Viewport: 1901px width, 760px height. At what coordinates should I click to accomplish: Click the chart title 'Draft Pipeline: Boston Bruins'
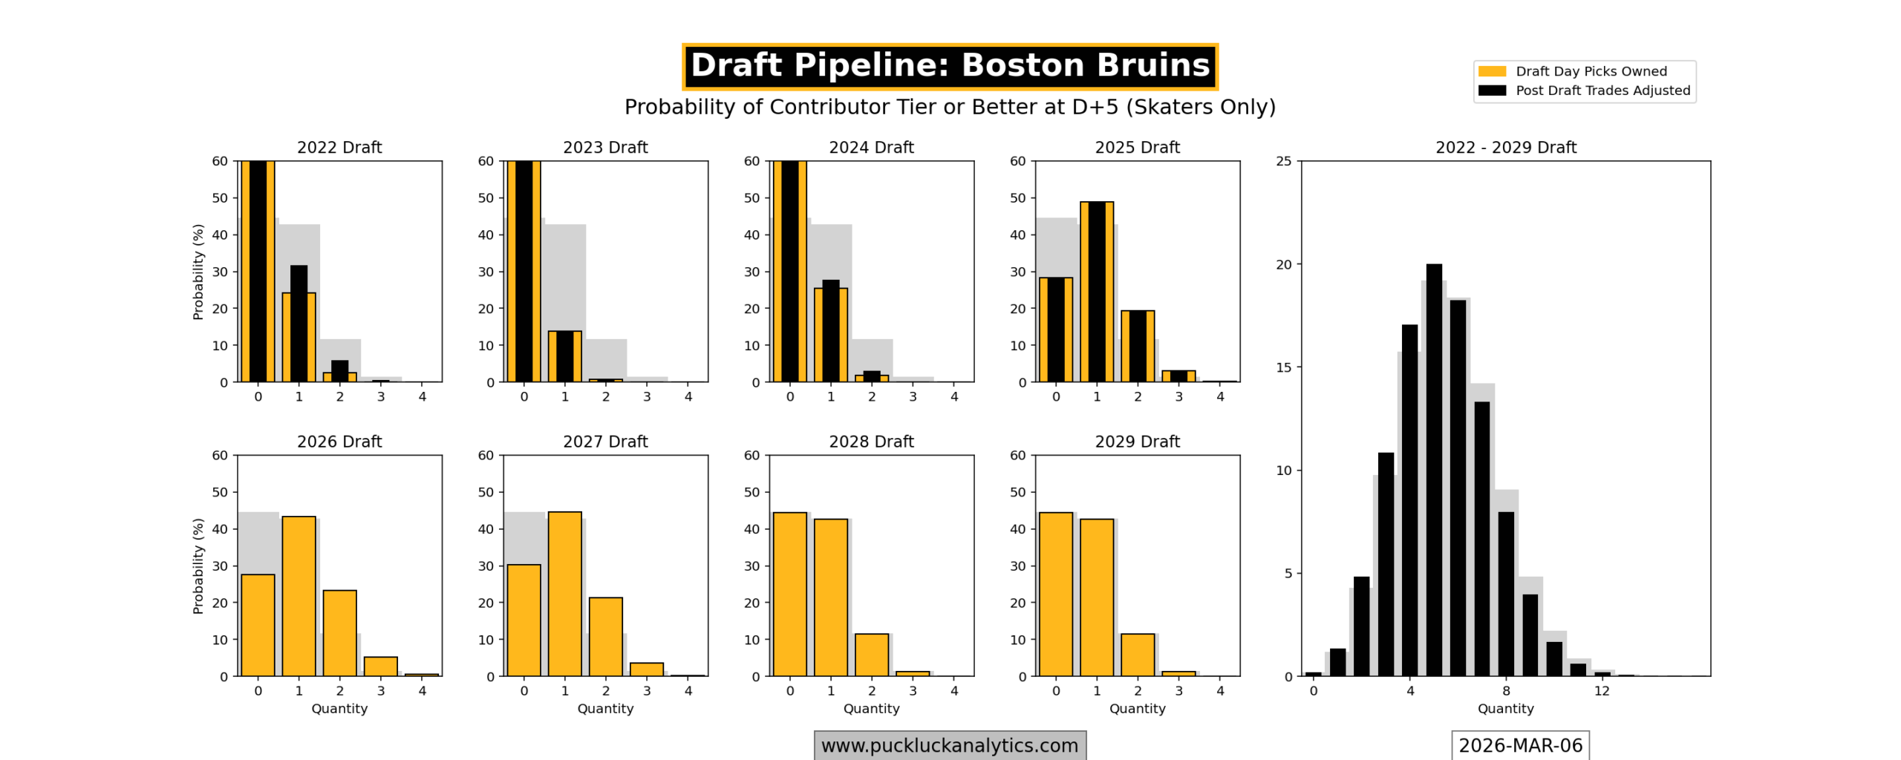[x=950, y=66]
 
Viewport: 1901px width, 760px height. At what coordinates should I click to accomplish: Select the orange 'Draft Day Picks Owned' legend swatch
[x=1491, y=71]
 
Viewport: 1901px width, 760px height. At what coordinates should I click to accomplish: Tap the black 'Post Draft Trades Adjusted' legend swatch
[x=1491, y=91]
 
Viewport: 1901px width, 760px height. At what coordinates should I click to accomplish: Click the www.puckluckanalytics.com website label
[x=949, y=745]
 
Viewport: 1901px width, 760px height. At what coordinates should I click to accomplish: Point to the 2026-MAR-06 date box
[x=1520, y=745]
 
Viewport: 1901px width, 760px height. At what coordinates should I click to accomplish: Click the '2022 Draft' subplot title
[x=339, y=148]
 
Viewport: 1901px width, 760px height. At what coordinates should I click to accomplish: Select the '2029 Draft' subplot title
[x=1137, y=442]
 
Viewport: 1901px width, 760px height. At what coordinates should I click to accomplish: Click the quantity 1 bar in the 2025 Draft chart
[x=1097, y=291]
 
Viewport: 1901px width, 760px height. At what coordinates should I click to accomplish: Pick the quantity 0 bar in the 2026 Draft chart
[x=258, y=625]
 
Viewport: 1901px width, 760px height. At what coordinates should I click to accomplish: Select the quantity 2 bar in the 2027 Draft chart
[x=606, y=637]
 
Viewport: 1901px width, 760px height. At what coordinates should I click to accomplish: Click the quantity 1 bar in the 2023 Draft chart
[x=565, y=356]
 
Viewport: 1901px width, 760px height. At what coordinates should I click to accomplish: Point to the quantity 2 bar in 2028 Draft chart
[x=872, y=655]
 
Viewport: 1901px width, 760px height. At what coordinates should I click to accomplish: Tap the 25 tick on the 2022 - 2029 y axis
[x=1284, y=161]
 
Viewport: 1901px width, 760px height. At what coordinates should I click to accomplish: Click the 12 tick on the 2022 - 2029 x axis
[x=1602, y=691]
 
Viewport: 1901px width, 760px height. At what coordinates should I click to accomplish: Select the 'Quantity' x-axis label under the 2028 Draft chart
[x=871, y=709]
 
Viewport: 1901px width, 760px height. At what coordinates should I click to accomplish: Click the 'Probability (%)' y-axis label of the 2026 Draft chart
[x=198, y=566]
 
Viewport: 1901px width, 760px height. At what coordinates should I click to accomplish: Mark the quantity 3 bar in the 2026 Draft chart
[x=380, y=666]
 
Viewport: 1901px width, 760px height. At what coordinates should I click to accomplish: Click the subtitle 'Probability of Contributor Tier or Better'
[x=950, y=108]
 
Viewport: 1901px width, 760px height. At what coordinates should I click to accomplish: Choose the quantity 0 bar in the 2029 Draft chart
[x=1056, y=594]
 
